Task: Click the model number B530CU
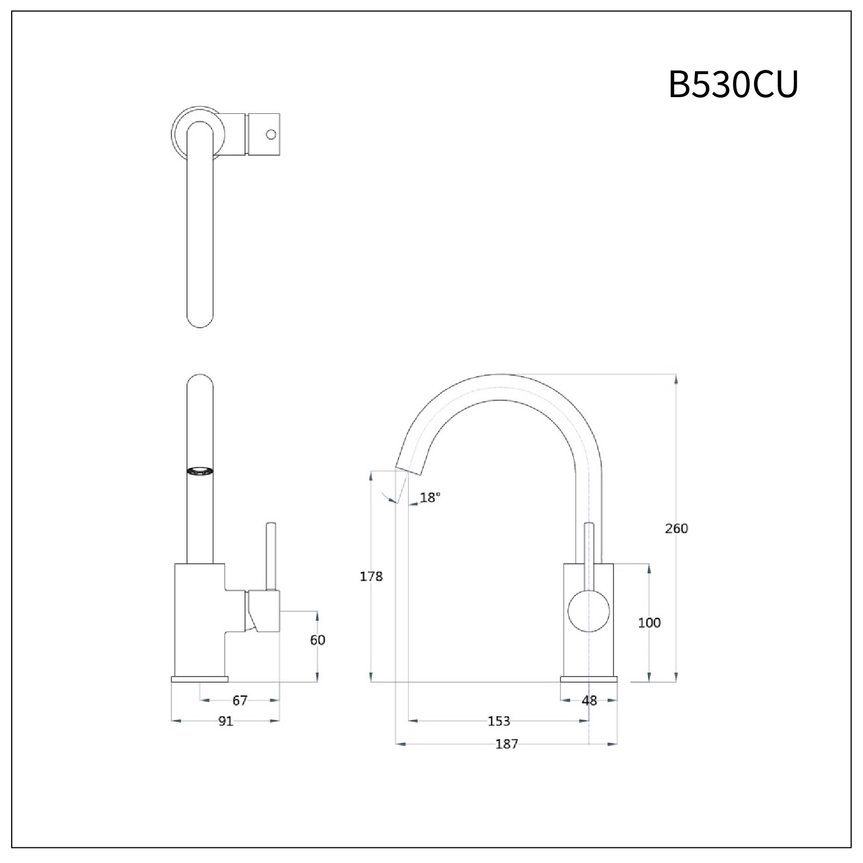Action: pos(733,85)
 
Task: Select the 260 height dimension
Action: pos(677,528)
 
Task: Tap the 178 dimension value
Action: pos(371,576)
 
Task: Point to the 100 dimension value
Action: pos(649,622)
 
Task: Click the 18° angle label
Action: pos(430,497)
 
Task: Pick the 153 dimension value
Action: pos(498,721)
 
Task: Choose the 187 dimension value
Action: pos(506,744)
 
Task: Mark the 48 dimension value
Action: pos(589,700)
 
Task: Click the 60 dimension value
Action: pos(318,640)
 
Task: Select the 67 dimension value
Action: pos(239,700)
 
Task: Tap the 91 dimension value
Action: pos(226,721)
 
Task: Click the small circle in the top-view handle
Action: pos(271,134)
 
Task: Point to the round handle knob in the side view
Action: pos(588,611)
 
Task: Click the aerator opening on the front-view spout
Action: pos(199,471)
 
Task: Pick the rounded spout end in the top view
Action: pos(200,318)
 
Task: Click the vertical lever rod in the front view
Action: pos(271,555)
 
